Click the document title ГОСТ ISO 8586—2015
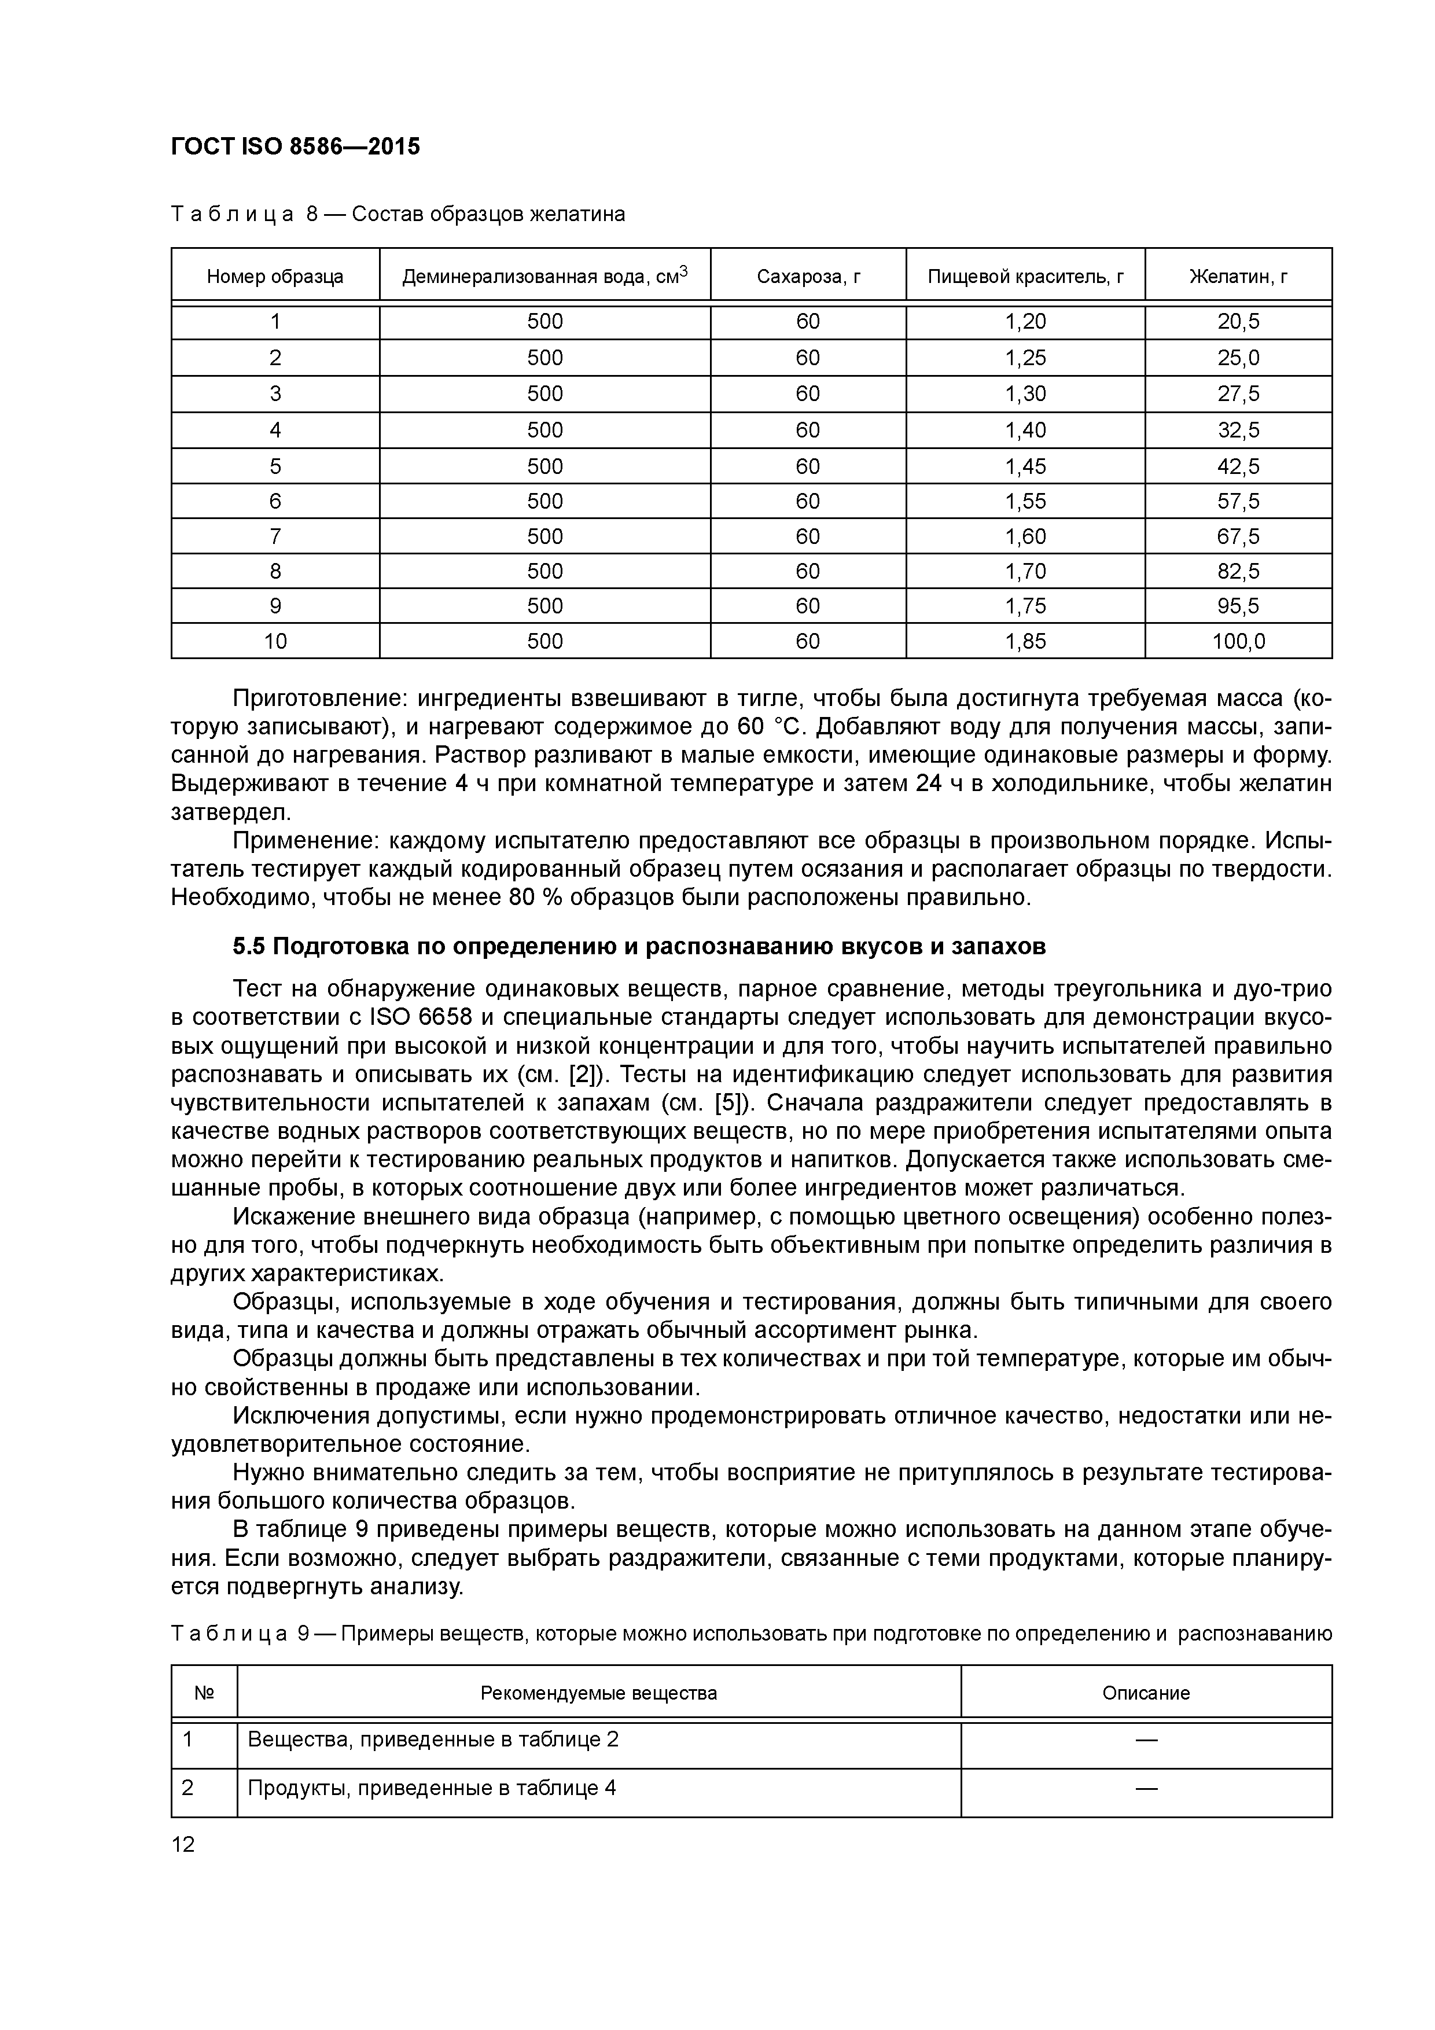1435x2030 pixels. pos(295,147)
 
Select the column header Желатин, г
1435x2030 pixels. pos(1238,277)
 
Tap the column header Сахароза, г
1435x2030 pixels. pos(808,277)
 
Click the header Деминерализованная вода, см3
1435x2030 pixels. pos(544,277)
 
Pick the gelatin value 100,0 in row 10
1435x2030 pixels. pos(1238,641)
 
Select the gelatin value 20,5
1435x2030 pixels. pos(1238,322)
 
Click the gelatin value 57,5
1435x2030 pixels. pos(1238,501)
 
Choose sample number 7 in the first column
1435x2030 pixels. pos(275,536)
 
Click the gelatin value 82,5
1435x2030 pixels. pos(1238,571)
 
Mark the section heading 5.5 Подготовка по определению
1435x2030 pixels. pos(638,947)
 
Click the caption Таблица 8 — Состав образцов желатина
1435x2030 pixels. pos(398,214)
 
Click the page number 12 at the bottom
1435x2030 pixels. pos(183,1844)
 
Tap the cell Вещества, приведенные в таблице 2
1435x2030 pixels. pos(433,1739)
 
